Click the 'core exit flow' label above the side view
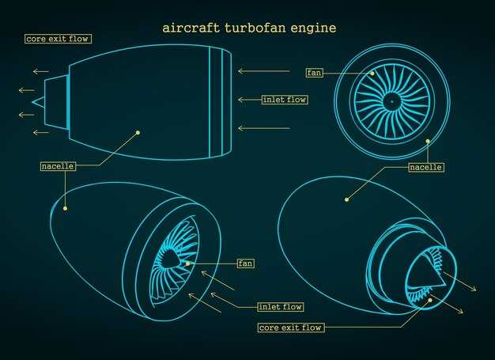click(x=58, y=39)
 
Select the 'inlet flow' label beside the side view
click(x=285, y=100)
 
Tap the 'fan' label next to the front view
click(x=315, y=73)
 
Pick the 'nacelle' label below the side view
click(x=58, y=166)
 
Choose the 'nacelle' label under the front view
click(x=426, y=167)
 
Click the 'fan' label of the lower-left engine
click(x=246, y=263)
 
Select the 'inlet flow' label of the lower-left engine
click(x=281, y=307)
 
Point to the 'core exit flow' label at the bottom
click(x=291, y=328)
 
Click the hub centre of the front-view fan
click(x=391, y=102)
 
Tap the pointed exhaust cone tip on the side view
click(x=32, y=102)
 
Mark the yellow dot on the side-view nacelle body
click(x=138, y=133)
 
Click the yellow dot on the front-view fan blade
click(x=372, y=74)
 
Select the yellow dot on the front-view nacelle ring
click(x=428, y=141)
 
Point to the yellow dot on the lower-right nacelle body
click(x=346, y=199)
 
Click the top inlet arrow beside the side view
click(x=264, y=71)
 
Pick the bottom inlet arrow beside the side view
click(x=264, y=128)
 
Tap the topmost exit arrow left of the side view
click(x=41, y=72)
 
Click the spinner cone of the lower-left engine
click(x=169, y=258)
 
